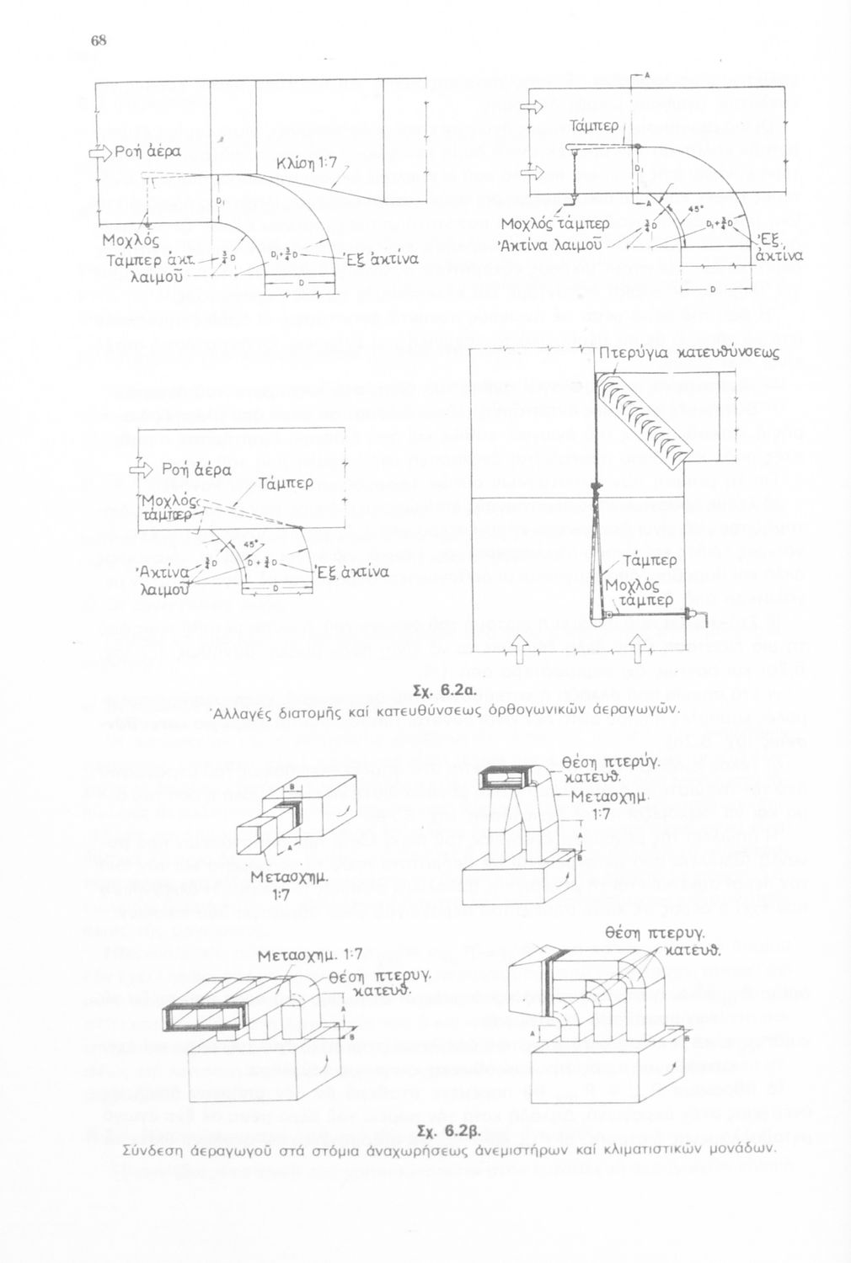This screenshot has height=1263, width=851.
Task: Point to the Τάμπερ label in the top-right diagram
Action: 595,125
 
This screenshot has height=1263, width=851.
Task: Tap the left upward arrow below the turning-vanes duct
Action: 519,647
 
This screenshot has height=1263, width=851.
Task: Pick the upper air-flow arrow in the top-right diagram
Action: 533,107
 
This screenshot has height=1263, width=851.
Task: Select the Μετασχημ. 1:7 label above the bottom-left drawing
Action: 309,954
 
